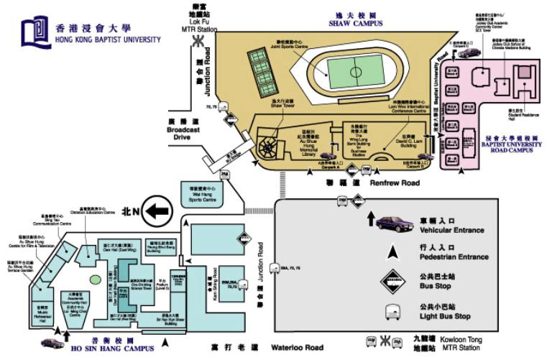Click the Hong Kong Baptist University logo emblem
35,32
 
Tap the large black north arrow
157,211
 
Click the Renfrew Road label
394,184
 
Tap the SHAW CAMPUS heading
355,23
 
